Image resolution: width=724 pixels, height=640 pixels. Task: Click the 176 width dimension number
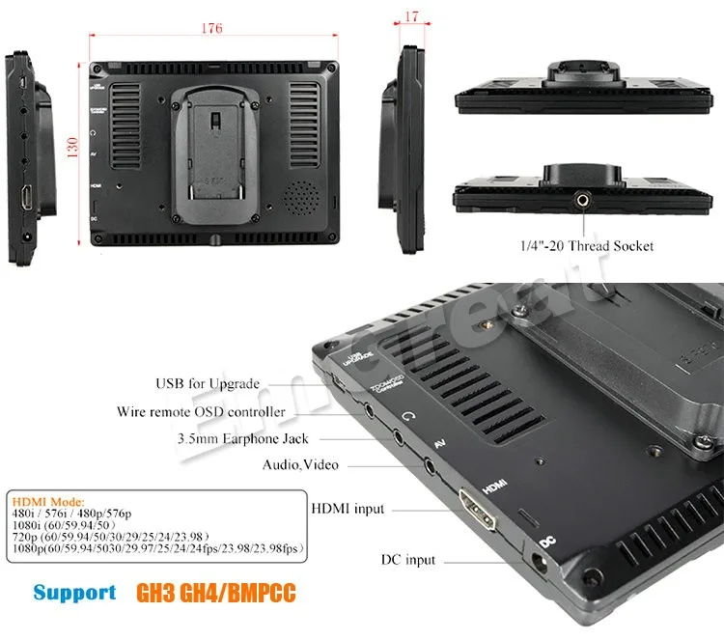(x=211, y=29)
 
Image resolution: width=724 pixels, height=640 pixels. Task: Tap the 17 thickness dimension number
(x=413, y=16)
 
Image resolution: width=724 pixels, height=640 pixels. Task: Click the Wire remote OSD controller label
(x=201, y=412)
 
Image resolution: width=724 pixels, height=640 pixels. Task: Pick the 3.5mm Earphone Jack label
(x=217, y=438)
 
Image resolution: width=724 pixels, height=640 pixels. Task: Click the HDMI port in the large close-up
(x=480, y=509)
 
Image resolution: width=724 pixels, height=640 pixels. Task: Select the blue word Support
(x=74, y=592)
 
